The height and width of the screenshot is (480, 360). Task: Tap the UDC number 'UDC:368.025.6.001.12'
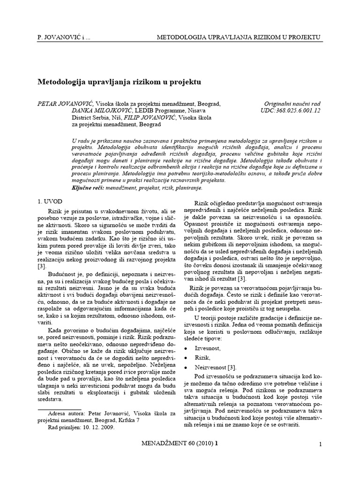tap(290, 111)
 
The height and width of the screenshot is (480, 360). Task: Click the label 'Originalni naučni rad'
tap(292, 104)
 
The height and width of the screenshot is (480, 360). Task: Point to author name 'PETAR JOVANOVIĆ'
tap(65, 104)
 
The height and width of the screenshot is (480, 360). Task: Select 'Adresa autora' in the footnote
tap(65, 414)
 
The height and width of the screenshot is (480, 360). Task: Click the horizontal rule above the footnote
tap(59, 408)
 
